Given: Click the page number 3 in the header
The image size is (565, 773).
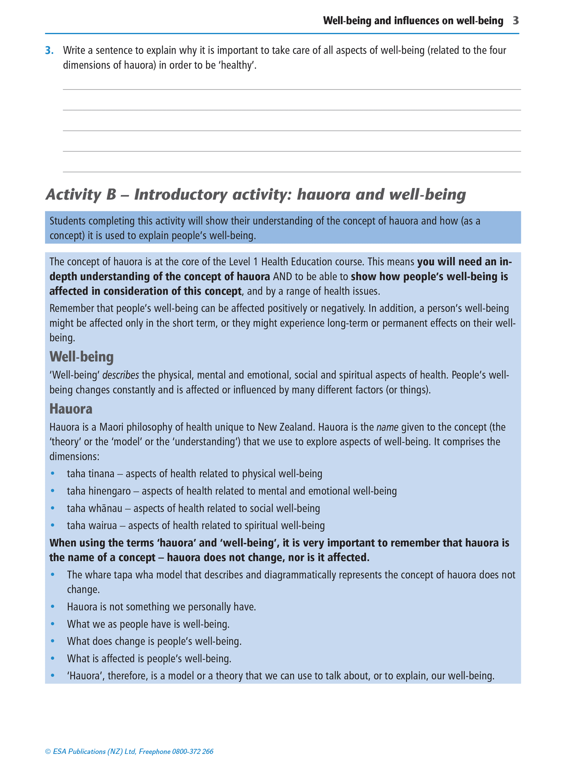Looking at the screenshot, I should (x=516, y=21).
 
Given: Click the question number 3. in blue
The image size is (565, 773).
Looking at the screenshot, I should (x=49, y=50).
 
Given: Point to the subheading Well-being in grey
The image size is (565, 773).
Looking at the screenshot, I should (x=81, y=356).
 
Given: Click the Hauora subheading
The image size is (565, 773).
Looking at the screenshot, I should (x=71, y=409).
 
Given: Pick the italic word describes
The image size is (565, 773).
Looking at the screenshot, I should (x=120, y=375).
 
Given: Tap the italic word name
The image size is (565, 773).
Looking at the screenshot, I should (x=387, y=427).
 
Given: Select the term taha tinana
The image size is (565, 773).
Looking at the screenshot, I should (x=91, y=474).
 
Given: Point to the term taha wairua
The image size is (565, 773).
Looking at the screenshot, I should (x=92, y=526).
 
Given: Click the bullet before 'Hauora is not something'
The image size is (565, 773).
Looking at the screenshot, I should (x=53, y=607).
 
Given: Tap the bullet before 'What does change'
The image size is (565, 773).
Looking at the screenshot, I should (x=53, y=641).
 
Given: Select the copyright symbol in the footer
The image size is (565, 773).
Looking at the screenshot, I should (x=48, y=752).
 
